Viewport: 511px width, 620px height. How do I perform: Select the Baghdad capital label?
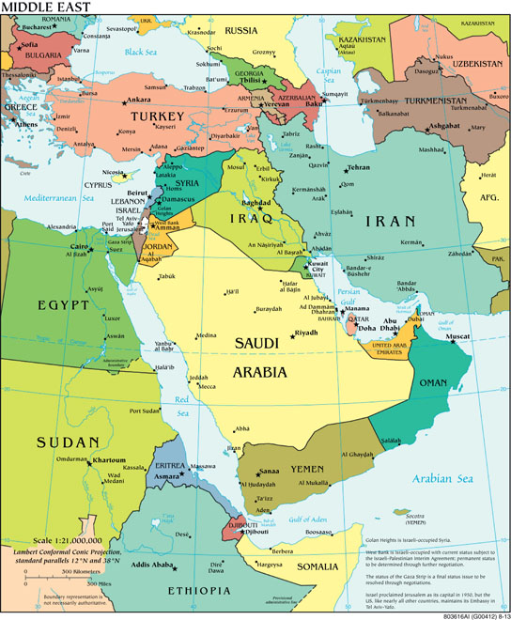(256, 202)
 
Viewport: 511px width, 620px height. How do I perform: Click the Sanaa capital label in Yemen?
(270, 470)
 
